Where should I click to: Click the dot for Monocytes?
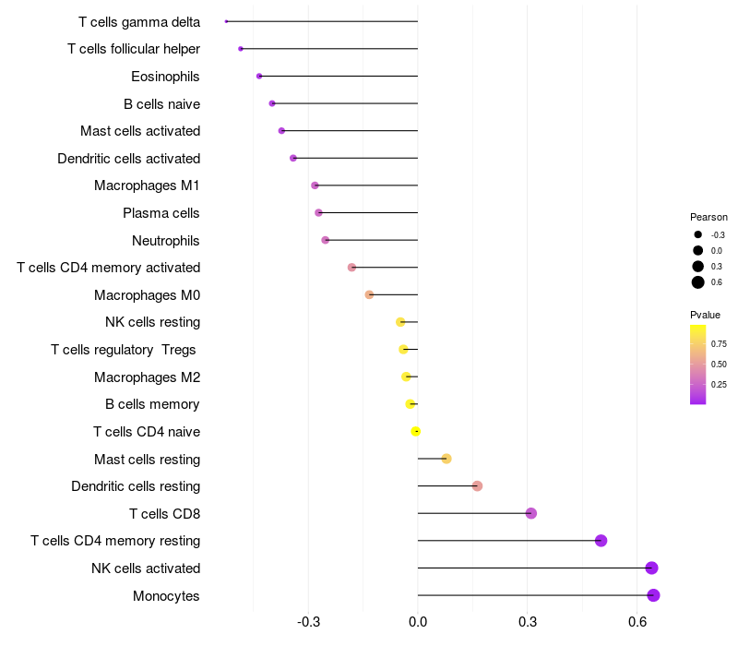(x=653, y=595)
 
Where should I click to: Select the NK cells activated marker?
(x=651, y=568)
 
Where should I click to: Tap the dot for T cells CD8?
(x=530, y=513)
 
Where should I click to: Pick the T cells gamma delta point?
(x=226, y=21)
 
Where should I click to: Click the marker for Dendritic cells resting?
(x=477, y=485)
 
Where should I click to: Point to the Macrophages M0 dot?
(x=369, y=294)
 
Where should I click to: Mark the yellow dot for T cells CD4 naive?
(x=416, y=431)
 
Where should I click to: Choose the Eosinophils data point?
(x=259, y=76)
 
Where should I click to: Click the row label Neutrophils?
(x=166, y=241)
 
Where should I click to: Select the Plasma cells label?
(x=161, y=213)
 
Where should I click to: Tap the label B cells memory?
(x=152, y=404)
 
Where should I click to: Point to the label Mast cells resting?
(x=147, y=459)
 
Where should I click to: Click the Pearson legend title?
(x=708, y=217)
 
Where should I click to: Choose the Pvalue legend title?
(x=706, y=315)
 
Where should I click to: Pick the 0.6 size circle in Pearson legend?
(x=698, y=282)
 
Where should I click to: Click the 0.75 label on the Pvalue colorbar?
(x=719, y=343)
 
